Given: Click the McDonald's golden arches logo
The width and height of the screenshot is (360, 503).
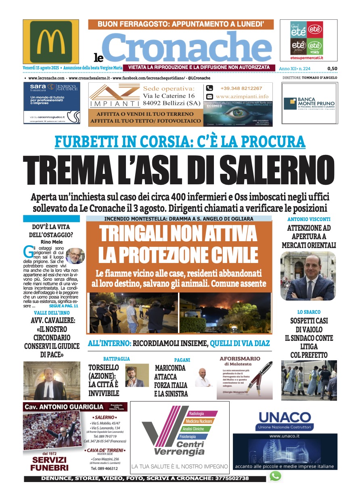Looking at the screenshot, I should [51, 41].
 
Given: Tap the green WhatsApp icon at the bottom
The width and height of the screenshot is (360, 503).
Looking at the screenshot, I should [275, 476].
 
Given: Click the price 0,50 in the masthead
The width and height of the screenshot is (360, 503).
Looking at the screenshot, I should [332, 69].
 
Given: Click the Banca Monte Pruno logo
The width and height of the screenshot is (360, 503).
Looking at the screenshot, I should [309, 103].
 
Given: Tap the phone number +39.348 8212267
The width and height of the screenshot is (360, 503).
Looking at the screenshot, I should [241, 88].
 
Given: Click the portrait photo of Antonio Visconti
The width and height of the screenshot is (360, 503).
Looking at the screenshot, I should [308, 276].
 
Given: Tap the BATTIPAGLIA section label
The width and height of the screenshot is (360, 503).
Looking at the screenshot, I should [117, 358].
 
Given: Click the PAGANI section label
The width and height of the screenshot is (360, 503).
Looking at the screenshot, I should [182, 360].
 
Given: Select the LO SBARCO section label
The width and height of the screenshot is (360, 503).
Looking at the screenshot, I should [309, 312].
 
